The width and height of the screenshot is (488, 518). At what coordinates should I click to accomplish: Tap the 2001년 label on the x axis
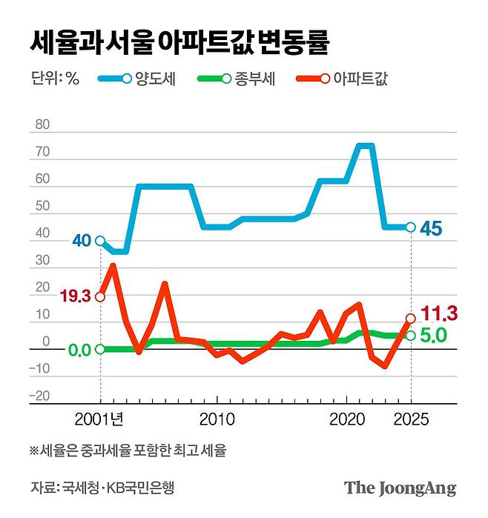(99, 419)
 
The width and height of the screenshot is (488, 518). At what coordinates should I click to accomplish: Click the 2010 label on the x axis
(217, 419)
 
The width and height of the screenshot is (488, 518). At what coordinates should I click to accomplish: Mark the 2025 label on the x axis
(410, 419)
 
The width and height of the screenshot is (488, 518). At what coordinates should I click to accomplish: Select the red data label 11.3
(438, 312)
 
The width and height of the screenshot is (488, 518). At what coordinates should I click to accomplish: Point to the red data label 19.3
(75, 296)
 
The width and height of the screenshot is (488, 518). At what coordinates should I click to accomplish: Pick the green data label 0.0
(80, 350)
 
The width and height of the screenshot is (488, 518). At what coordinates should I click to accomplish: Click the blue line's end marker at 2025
(410, 228)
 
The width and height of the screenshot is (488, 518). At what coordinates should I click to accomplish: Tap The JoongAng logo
(400, 488)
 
